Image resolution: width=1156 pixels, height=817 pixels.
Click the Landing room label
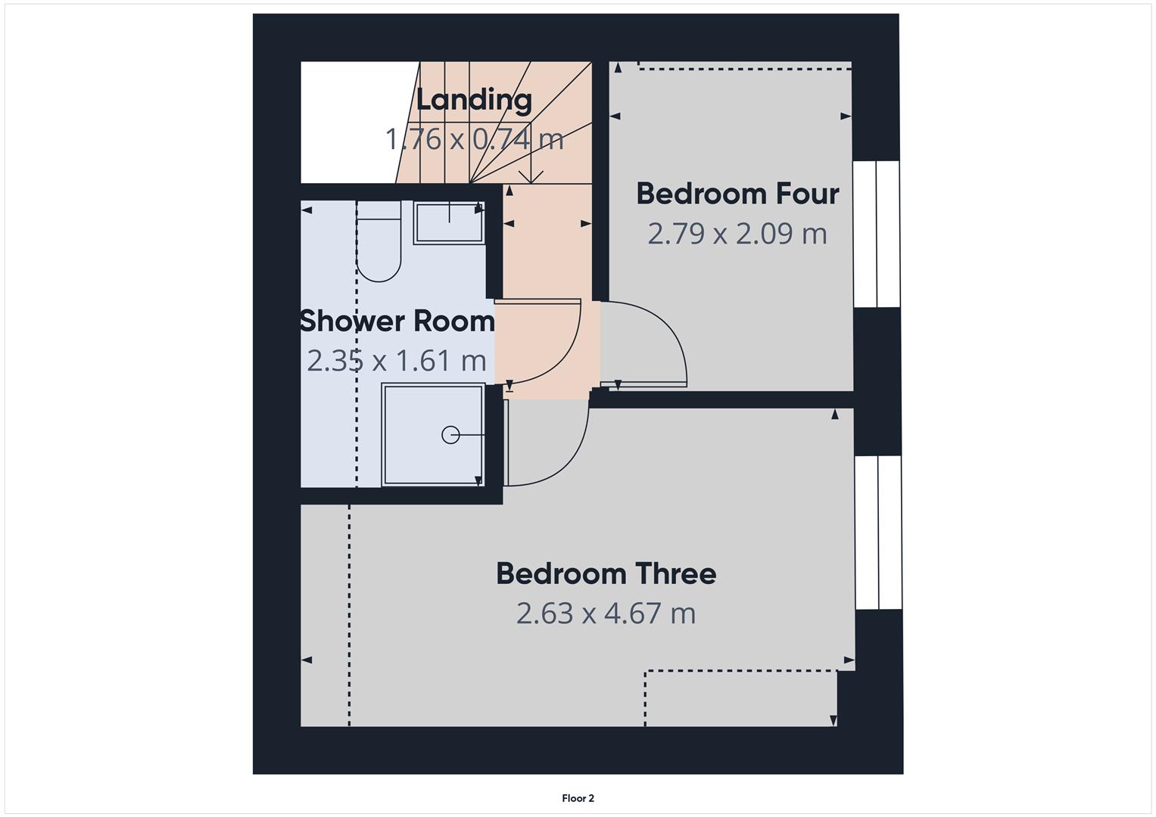pyautogui.click(x=474, y=99)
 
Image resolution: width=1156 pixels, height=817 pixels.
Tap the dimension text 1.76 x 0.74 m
pyautogui.click(x=474, y=139)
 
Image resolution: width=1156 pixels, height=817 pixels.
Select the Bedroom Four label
pyautogui.click(x=737, y=194)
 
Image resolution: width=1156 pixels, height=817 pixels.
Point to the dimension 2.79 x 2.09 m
pyautogui.click(x=737, y=233)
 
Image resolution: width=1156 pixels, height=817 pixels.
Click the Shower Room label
pyautogui.click(x=397, y=321)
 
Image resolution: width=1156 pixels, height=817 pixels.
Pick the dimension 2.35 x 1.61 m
pyautogui.click(x=397, y=360)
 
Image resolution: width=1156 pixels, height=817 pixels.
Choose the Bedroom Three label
pyautogui.click(x=606, y=573)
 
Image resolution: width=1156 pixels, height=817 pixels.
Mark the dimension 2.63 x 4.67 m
pyautogui.click(x=606, y=613)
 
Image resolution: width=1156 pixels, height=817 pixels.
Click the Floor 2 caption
pyautogui.click(x=578, y=798)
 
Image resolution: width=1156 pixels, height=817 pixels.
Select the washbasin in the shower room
pyautogui.click(x=449, y=223)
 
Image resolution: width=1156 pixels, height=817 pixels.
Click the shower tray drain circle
pyautogui.click(x=450, y=435)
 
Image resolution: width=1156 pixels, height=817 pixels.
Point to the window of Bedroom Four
pyautogui.click(x=877, y=234)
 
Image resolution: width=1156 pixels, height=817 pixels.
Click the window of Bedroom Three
pyautogui.click(x=878, y=533)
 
